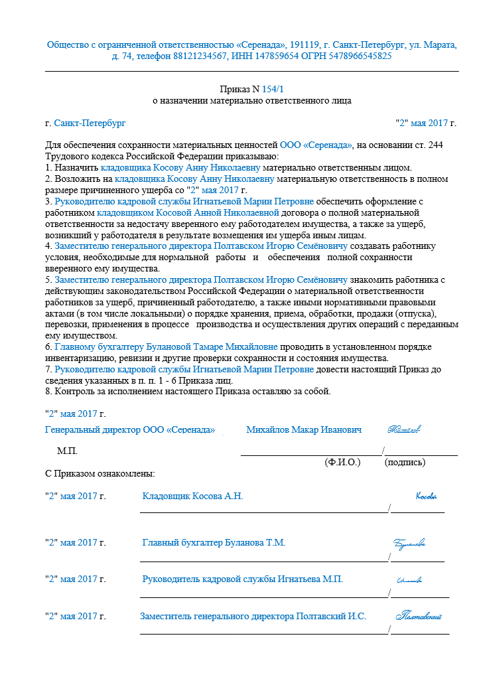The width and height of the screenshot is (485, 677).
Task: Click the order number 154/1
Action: point(276,89)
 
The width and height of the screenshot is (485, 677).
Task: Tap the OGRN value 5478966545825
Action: point(360,56)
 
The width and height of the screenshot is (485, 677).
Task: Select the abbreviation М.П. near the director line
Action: point(67,451)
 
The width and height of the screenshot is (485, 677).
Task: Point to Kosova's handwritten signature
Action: point(426,496)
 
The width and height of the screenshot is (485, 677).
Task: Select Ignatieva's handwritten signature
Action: point(409,580)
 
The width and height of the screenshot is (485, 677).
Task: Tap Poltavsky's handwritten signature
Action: point(419,617)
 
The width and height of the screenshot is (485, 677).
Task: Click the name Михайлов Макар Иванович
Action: point(304,430)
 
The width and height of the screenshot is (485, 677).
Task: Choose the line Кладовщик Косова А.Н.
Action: point(193,496)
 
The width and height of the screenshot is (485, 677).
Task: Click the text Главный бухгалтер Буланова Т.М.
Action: point(214,543)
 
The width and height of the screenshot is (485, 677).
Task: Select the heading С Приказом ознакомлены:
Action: point(100,474)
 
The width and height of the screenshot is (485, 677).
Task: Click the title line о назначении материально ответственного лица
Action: point(251,101)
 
